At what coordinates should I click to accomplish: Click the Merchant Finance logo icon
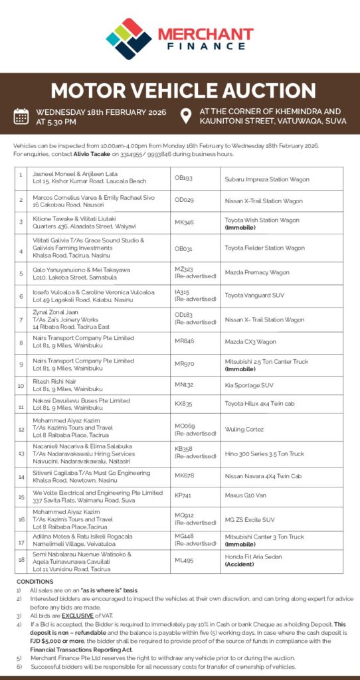tap(129, 38)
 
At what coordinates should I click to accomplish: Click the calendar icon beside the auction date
tap(21, 117)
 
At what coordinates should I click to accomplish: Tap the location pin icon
tap(186, 116)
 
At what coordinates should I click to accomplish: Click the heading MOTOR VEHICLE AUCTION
tap(180, 91)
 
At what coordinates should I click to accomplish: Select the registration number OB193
tap(183, 178)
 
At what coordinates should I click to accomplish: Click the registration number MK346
tap(184, 222)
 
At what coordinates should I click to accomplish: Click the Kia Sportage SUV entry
tap(249, 384)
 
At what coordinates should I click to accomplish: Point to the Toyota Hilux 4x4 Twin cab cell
tap(259, 403)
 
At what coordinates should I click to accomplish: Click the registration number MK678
tap(184, 475)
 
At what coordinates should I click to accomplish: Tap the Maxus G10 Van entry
tap(245, 495)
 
